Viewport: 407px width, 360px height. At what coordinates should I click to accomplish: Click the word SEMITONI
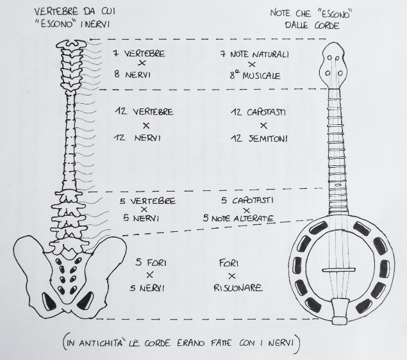(x=268, y=138)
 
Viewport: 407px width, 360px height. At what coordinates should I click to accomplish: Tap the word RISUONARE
(x=238, y=288)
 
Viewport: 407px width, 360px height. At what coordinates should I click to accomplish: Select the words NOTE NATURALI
(x=260, y=54)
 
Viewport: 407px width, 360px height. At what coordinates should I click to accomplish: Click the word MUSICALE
(x=262, y=76)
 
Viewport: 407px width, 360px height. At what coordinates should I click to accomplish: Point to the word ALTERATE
(x=254, y=218)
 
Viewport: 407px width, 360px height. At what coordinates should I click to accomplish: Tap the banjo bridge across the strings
(x=338, y=270)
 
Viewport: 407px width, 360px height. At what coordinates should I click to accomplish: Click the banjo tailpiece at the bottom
(x=340, y=311)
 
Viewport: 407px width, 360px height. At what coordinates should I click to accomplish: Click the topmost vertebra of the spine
(x=71, y=44)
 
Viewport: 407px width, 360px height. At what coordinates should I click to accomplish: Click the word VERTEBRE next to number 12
(x=153, y=112)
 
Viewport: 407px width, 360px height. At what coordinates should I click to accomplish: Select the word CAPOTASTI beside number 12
(x=267, y=112)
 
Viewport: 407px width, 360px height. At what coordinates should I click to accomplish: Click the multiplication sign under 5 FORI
(x=149, y=275)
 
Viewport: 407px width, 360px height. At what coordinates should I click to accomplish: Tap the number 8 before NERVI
(x=117, y=74)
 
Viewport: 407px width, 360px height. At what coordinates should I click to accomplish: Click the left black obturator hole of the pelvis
(x=48, y=301)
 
